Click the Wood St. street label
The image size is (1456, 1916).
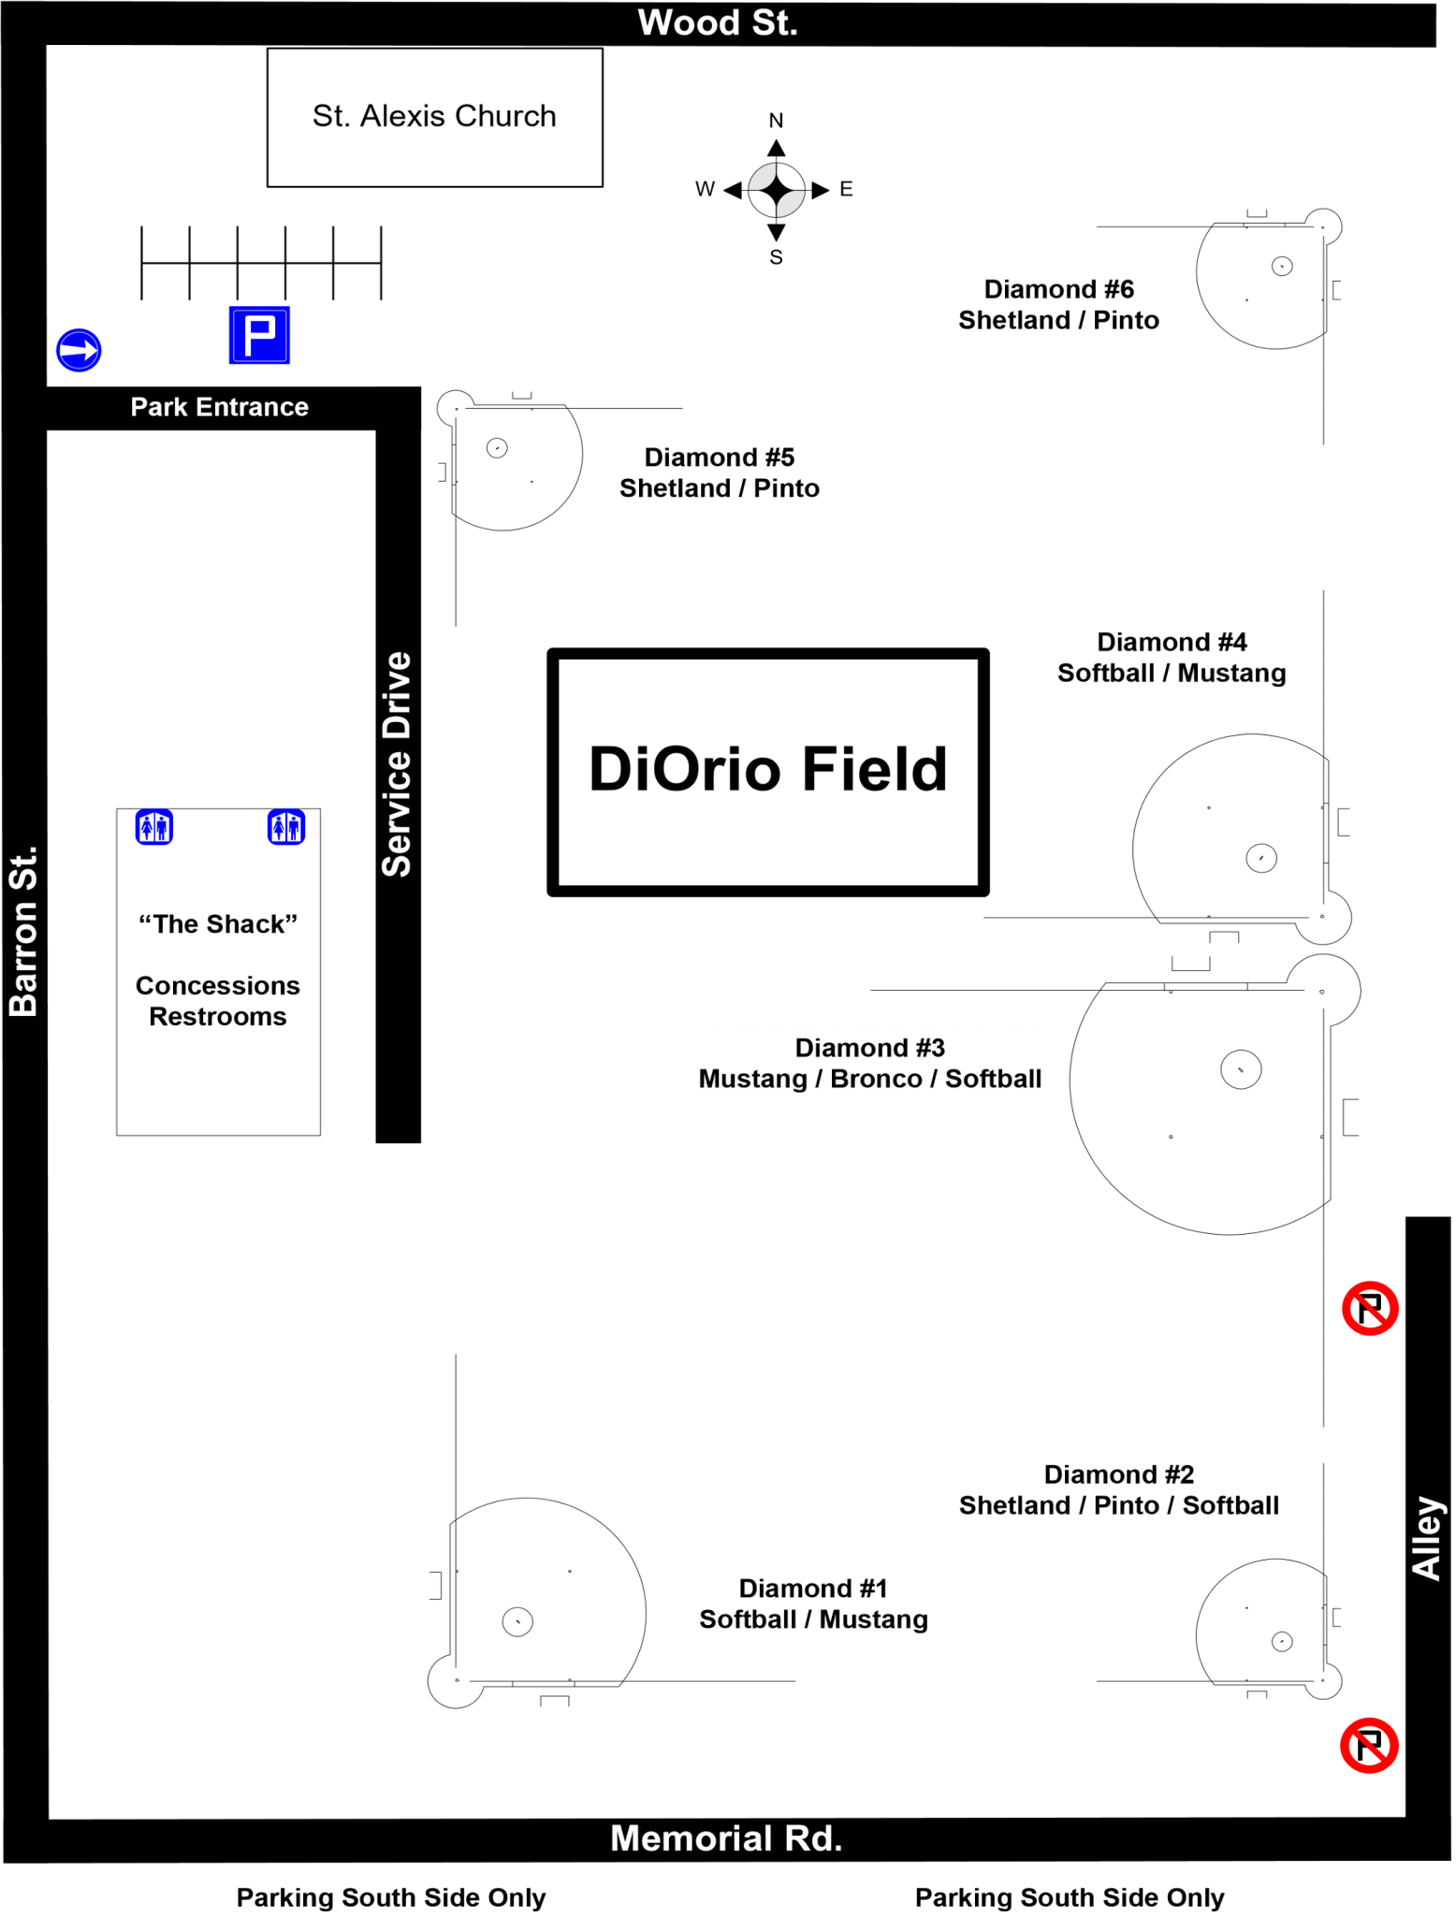(x=717, y=23)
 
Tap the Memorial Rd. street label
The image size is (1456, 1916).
(x=726, y=1838)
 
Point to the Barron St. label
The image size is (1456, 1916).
(x=23, y=932)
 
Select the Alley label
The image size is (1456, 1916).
(x=1427, y=1538)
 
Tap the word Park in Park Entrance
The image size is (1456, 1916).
(x=158, y=407)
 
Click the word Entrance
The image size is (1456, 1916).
(x=252, y=407)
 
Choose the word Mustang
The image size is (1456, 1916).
(x=752, y=1079)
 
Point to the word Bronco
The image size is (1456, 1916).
(x=876, y=1079)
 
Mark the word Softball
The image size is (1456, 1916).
(x=993, y=1079)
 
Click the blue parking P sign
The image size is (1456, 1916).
(x=260, y=335)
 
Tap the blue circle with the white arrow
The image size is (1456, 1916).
(x=79, y=351)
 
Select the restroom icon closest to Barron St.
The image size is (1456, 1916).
(x=154, y=827)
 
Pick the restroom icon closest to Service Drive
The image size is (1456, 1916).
(x=286, y=827)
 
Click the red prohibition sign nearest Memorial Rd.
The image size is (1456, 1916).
(x=1369, y=1746)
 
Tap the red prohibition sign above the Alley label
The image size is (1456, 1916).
(x=1370, y=1309)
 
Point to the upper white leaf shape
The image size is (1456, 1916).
(x=762, y=177)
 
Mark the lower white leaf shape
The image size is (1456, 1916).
(x=790, y=203)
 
